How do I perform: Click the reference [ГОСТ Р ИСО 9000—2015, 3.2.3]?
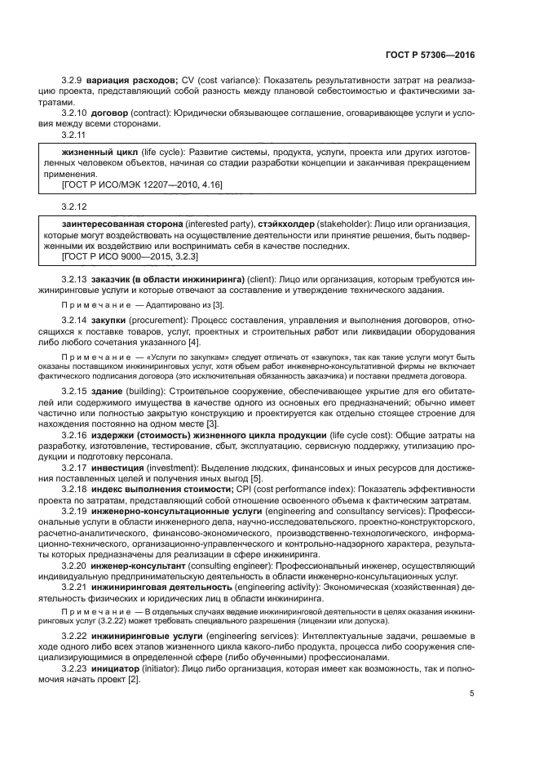point(131,256)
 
